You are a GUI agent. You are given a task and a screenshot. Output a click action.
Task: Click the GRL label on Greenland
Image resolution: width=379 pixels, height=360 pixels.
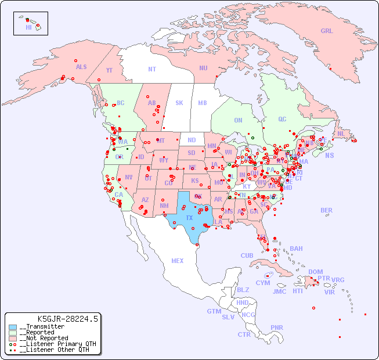(327, 31)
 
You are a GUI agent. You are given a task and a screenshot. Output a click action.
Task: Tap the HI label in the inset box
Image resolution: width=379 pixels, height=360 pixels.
(28, 27)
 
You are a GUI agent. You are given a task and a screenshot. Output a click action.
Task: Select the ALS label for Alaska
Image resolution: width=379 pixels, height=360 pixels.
(81, 67)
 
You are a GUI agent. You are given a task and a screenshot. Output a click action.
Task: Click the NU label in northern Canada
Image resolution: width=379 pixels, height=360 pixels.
(203, 68)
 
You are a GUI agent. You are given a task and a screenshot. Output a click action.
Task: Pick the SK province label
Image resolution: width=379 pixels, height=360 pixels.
(179, 103)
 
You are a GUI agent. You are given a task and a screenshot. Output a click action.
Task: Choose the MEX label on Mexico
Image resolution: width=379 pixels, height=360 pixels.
(178, 261)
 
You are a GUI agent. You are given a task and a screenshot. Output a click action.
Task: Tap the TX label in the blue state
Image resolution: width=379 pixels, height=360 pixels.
(189, 218)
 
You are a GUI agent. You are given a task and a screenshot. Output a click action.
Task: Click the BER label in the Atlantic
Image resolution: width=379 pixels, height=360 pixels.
(327, 210)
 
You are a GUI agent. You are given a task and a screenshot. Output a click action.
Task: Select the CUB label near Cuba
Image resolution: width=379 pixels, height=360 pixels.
(247, 255)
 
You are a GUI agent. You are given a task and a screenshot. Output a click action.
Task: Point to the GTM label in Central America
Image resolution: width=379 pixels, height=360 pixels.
(214, 311)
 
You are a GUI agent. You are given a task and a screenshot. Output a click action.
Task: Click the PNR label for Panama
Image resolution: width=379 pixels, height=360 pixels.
(277, 327)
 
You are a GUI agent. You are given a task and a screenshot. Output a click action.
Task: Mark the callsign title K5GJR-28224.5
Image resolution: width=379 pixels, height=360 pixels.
(67, 318)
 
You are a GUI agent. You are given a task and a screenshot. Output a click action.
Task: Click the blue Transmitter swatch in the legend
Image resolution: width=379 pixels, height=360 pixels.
(13, 327)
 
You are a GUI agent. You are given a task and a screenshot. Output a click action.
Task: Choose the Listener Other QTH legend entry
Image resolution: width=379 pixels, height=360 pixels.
(55, 350)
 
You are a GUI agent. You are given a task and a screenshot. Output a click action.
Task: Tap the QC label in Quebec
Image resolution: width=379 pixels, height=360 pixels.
(282, 119)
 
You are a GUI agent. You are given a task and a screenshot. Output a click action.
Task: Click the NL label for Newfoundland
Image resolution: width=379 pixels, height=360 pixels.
(341, 134)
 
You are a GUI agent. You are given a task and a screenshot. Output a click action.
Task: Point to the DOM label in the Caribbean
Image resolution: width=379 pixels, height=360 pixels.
(315, 272)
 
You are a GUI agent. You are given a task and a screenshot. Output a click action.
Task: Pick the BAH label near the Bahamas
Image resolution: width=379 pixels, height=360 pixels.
(296, 249)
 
